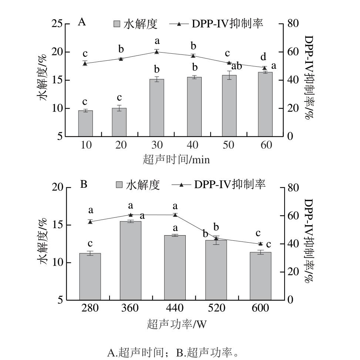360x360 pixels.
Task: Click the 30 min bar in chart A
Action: (157, 107)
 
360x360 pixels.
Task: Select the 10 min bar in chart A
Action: (85, 123)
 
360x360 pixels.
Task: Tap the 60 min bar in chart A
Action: (265, 104)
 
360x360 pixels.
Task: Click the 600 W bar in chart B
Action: (260, 276)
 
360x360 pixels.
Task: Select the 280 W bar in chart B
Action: (90, 276)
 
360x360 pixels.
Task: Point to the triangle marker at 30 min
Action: (157, 52)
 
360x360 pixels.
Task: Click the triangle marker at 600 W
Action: (260, 244)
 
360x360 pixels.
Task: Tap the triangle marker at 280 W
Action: (90, 221)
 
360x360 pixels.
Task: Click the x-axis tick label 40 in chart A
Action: (193, 145)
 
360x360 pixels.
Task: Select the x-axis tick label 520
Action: (216, 308)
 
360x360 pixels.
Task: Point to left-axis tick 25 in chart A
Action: (58, 24)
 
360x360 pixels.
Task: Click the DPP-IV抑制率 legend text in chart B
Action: (229, 184)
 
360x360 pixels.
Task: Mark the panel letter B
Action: (84, 184)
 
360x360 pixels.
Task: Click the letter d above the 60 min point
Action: (263, 57)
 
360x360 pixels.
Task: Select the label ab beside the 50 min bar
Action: (236, 67)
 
